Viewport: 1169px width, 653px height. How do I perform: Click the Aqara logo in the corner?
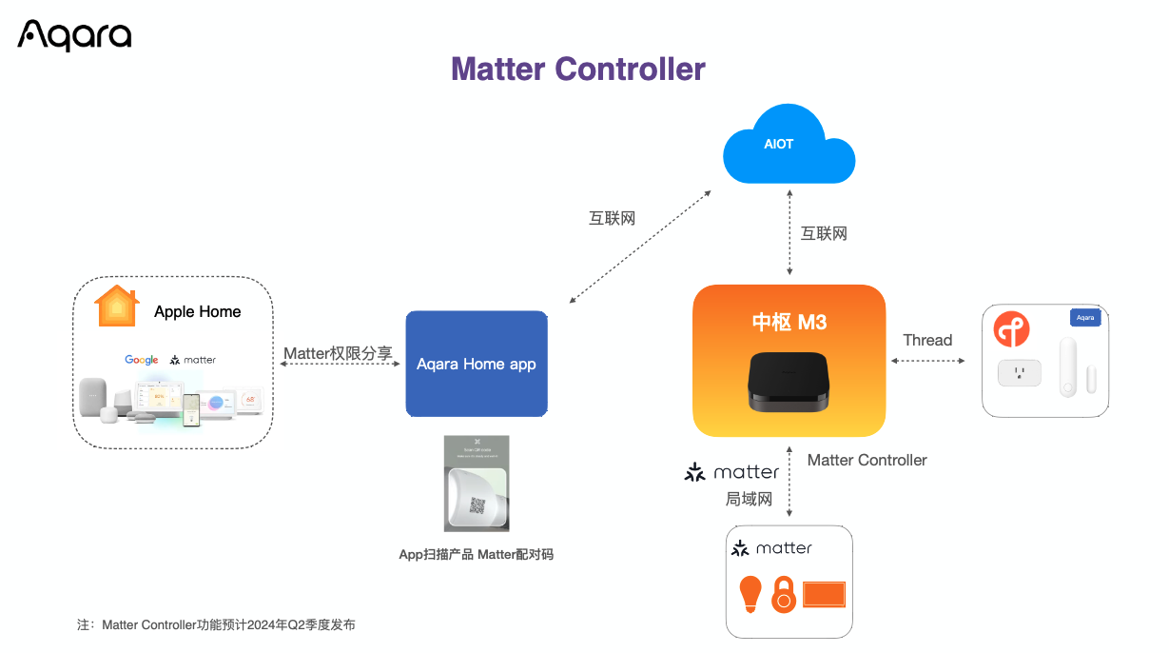point(74,35)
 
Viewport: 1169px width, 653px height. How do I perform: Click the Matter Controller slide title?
point(577,69)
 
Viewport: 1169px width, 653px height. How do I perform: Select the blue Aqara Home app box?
point(477,364)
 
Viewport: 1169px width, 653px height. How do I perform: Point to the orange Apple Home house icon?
point(117,307)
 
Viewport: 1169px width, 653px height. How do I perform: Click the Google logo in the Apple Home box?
point(142,360)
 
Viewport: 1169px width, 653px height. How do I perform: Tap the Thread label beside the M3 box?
point(927,340)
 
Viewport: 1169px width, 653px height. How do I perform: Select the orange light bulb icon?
point(751,593)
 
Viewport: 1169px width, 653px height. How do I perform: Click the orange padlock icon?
point(783,595)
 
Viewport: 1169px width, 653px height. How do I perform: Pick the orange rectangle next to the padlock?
point(824,595)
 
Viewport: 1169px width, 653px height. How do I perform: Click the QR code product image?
point(477,484)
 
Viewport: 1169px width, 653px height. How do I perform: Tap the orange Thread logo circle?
point(1012,328)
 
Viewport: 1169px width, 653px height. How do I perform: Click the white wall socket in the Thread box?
point(1019,373)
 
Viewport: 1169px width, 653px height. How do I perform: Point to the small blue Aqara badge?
point(1085,317)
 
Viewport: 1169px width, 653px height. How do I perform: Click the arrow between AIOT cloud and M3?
point(789,233)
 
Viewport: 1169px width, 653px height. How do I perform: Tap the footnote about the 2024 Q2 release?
point(216,625)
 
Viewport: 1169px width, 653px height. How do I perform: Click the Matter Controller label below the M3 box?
point(867,460)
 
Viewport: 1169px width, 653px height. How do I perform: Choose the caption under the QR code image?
point(476,554)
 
